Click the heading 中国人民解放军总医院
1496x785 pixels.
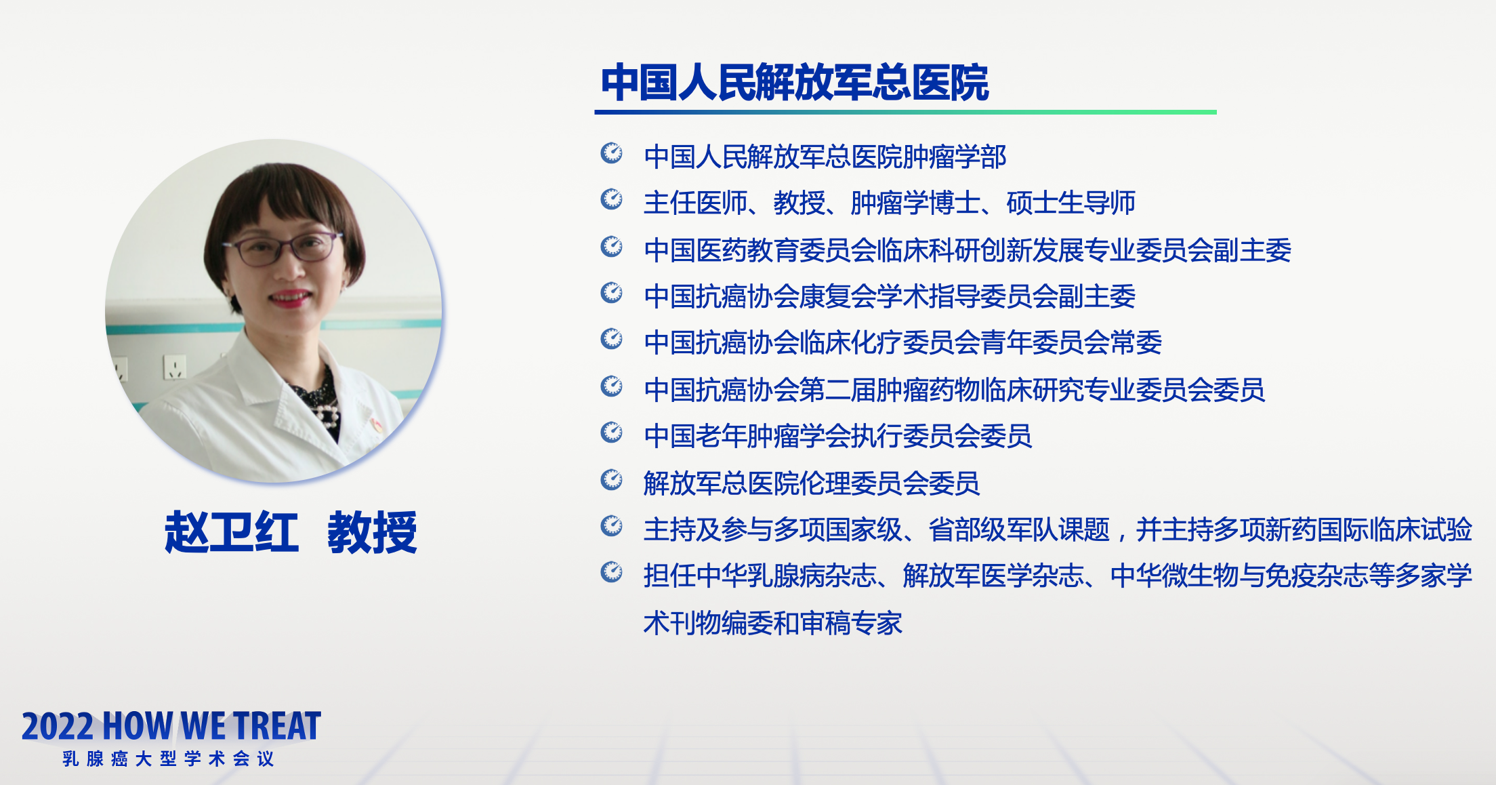[x=795, y=83]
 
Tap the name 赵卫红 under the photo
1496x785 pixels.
[x=232, y=532]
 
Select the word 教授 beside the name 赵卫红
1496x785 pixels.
[x=372, y=532]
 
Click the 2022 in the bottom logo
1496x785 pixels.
[x=57, y=726]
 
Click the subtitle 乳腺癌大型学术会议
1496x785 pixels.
[x=168, y=759]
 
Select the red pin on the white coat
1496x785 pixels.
[x=377, y=425]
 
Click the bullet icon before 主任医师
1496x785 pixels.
[x=612, y=199]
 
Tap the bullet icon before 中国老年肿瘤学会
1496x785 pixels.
[x=612, y=432]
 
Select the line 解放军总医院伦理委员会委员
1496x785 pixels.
[x=811, y=483]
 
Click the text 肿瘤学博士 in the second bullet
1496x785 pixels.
[x=915, y=203]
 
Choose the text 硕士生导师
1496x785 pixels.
[x=1071, y=203]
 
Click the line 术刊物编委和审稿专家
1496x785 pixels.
[x=772, y=622]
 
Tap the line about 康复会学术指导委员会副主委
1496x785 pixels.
[x=890, y=296]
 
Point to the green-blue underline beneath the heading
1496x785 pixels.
[x=906, y=112]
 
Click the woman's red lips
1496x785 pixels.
[x=291, y=298]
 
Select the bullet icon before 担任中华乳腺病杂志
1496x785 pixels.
[x=612, y=572]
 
